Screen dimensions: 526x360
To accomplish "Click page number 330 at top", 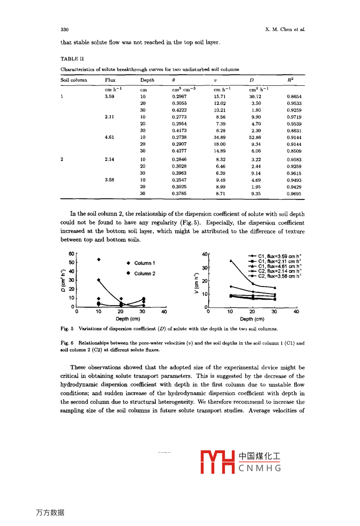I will pos(65,29).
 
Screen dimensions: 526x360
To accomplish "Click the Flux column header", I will pos(110,80).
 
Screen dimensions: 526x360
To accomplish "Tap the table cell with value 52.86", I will pos(255,137).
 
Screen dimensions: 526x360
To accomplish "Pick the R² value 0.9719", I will pos(294,117).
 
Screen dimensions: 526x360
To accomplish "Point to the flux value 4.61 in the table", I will pos(110,137).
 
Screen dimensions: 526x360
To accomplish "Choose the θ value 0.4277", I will pos(179,151).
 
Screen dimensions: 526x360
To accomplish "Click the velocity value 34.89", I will pos(219,137).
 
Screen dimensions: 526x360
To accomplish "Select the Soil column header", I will pos(74,80).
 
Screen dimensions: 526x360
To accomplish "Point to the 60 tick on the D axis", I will pos(71,254).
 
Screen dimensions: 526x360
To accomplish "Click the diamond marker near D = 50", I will pos(99,259).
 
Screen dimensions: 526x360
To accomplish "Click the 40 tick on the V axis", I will pos(205,254).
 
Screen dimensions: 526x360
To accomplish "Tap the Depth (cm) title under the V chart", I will pos(252,319).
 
